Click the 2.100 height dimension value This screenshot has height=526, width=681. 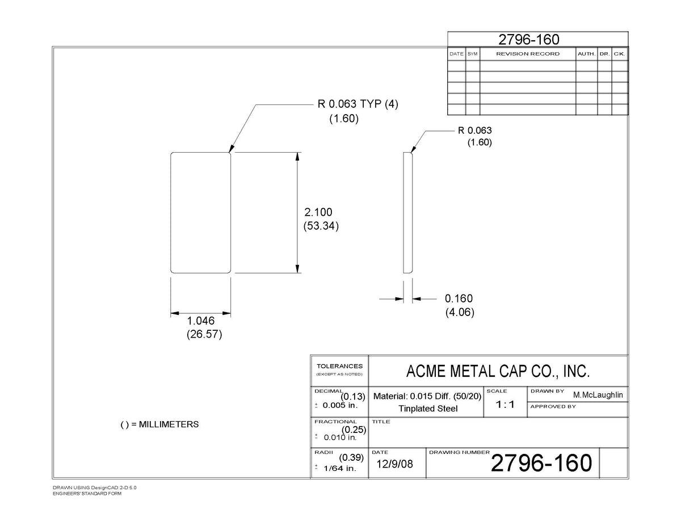[x=318, y=212]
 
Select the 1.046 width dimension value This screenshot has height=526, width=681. [x=200, y=321]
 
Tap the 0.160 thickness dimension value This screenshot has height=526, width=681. [x=459, y=298]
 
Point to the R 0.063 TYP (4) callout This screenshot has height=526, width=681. [x=358, y=104]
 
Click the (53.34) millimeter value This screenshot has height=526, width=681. [x=321, y=226]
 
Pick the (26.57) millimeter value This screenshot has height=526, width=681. [x=204, y=334]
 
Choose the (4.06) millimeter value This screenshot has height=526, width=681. [x=460, y=312]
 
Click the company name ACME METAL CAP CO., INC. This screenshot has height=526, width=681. [x=498, y=371]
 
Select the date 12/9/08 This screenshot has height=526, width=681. [x=394, y=464]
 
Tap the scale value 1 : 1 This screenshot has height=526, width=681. [x=505, y=405]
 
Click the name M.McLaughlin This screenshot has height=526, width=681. [x=598, y=395]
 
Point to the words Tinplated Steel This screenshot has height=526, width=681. [x=428, y=409]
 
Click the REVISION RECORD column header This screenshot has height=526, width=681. [x=528, y=54]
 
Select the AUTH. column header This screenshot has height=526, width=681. [x=586, y=54]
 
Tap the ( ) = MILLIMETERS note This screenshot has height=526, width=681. [x=159, y=424]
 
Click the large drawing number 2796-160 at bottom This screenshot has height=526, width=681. [x=541, y=462]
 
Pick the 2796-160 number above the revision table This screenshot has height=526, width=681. [x=529, y=40]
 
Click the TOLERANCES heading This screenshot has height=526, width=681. [x=339, y=366]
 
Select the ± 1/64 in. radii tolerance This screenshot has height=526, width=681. [x=335, y=468]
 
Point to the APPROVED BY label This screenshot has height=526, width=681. [x=553, y=406]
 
